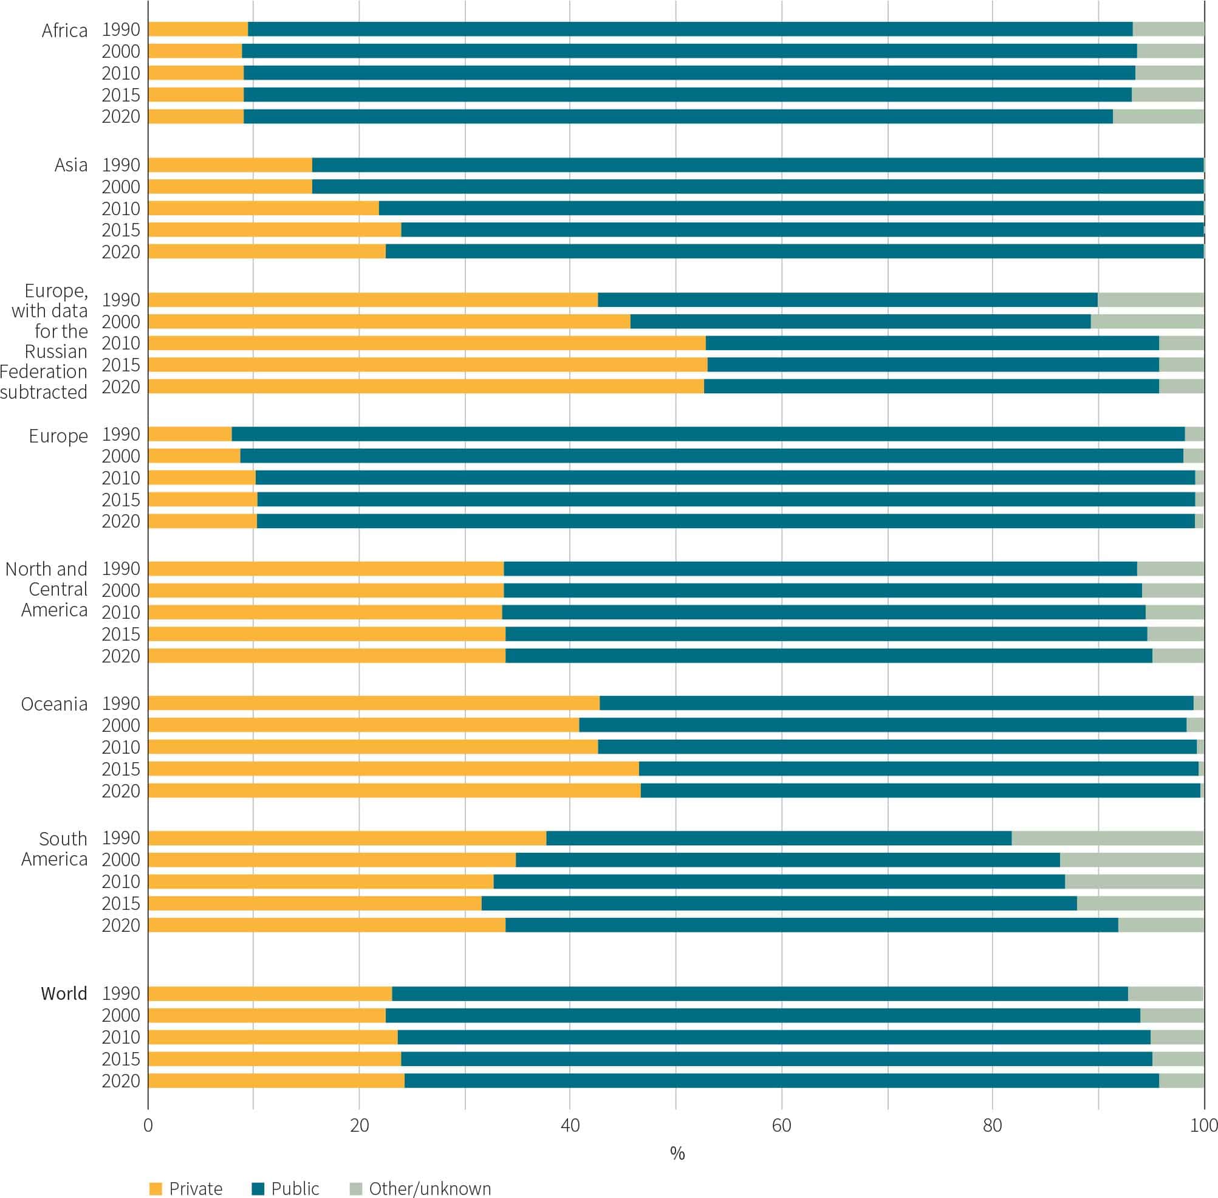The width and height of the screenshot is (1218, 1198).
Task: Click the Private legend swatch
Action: click(x=156, y=1188)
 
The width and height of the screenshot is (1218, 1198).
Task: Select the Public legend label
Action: click(x=295, y=1188)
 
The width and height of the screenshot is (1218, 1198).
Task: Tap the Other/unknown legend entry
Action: click(x=429, y=1188)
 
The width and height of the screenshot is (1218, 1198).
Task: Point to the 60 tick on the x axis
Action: click(x=781, y=1125)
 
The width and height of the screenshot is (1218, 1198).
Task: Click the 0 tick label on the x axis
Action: click(x=148, y=1125)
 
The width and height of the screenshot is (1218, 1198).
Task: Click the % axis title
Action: click(x=677, y=1152)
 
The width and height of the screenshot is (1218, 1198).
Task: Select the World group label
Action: click(x=64, y=994)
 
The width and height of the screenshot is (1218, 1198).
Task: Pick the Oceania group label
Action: click(x=54, y=703)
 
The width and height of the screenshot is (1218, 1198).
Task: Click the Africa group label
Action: click(x=64, y=30)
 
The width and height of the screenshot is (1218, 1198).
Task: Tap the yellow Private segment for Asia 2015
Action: click(x=275, y=230)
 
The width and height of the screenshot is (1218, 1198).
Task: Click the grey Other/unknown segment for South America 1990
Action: click(x=1107, y=838)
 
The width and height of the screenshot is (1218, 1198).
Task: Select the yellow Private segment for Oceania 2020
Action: click(x=394, y=790)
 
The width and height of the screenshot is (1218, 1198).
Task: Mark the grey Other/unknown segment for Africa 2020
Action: click(x=1158, y=117)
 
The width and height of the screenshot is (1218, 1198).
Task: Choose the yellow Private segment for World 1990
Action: click(x=270, y=994)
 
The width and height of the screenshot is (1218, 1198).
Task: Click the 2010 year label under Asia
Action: click(x=121, y=208)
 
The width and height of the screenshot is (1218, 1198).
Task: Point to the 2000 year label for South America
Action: click(x=121, y=859)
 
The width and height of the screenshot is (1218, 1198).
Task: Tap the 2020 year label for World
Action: click(x=121, y=1080)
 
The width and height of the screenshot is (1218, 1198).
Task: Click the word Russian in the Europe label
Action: click(x=56, y=351)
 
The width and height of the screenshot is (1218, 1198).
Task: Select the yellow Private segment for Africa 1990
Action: click(x=198, y=29)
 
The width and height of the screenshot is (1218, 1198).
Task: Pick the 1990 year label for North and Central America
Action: click(x=121, y=568)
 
